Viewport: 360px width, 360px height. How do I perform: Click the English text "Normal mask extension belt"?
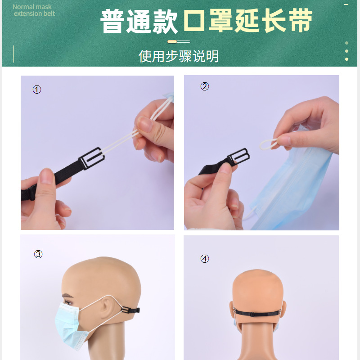(x=34, y=10)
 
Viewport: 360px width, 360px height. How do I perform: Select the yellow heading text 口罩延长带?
(x=247, y=21)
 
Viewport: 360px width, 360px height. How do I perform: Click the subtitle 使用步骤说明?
(x=179, y=56)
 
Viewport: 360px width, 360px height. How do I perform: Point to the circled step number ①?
(x=37, y=90)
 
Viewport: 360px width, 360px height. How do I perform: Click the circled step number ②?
(x=205, y=86)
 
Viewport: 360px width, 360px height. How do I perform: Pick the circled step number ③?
(x=38, y=254)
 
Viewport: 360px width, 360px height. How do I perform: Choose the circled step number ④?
(x=205, y=259)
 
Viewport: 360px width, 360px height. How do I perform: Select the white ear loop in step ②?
(x=269, y=144)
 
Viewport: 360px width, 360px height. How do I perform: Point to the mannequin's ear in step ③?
(x=108, y=308)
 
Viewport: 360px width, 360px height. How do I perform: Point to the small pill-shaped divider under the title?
(x=179, y=41)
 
